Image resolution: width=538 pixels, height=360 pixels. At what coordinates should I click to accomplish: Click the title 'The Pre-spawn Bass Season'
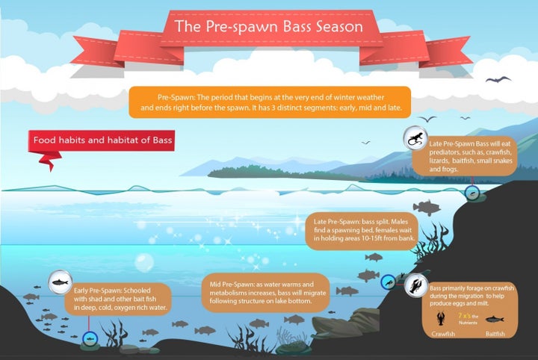pyautogui.click(x=268, y=27)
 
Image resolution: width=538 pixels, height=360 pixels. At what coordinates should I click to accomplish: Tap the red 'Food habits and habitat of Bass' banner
pyautogui.click(x=102, y=140)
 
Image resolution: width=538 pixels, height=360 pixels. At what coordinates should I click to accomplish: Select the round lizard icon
pyautogui.click(x=415, y=138)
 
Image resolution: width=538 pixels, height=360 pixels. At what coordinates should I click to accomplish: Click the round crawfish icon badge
pyautogui.click(x=416, y=285)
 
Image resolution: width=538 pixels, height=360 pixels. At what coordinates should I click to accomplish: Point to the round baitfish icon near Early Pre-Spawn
pyautogui.click(x=60, y=282)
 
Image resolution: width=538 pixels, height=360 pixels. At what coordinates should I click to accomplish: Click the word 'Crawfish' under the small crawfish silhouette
pyautogui.click(x=443, y=334)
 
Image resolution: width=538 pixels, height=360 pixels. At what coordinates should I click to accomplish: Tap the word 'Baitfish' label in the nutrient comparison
pyautogui.click(x=495, y=334)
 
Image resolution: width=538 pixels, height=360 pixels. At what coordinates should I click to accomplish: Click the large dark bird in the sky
pyautogui.click(x=498, y=80)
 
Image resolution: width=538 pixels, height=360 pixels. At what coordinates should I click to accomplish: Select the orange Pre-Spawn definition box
pyautogui.click(x=270, y=102)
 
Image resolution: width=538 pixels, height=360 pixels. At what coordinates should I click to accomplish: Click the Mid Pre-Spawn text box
pyautogui.click(x=266, y=293)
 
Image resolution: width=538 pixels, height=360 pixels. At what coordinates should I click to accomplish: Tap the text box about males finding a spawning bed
pyautogui.click(x=362, y=230)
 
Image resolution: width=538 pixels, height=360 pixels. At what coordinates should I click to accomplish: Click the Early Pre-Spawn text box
pyautogui.click(x=118, y=299)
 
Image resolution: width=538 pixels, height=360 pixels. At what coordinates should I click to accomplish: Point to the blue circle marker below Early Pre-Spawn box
pyautogui.click(x=90, y=339)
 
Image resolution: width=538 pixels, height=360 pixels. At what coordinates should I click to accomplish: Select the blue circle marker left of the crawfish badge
pyautogui.click(x=388, y=282)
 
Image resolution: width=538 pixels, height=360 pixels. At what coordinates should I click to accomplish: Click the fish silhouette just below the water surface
pyautogui.click(x=427, y=207)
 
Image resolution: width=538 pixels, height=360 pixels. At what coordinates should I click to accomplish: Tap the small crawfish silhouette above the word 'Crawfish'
pyautogui.click(x=442, y=318)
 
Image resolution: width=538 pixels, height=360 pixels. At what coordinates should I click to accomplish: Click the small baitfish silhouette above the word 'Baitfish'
pyautogui.click(x=495, y=320)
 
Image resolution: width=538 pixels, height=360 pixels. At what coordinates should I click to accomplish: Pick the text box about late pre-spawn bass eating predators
pyautogui.click(x=465, y=156)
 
